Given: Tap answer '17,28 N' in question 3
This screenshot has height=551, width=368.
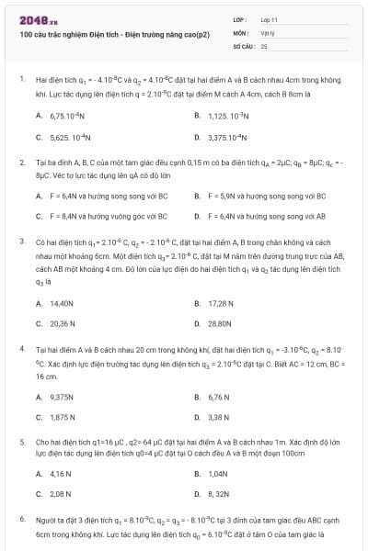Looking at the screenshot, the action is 222,302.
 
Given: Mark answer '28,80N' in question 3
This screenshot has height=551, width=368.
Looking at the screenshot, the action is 222,323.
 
